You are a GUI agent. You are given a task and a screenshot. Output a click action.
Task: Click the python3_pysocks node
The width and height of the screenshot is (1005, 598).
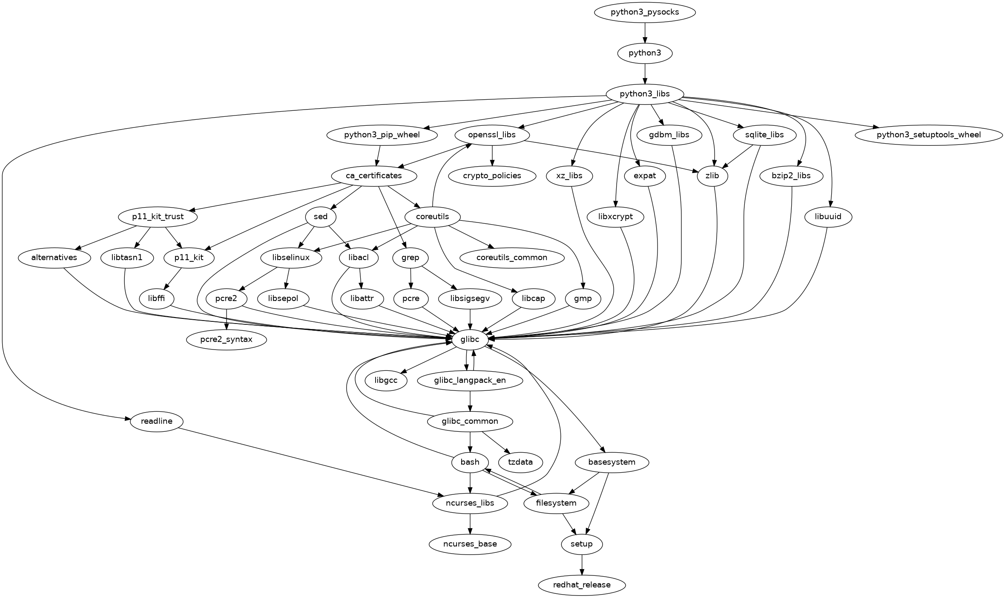coord(645,12)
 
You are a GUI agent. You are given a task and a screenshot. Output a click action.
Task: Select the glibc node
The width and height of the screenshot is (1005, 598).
coord(470,339)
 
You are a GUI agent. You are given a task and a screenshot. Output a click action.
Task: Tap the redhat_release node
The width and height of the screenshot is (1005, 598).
coord(582,585)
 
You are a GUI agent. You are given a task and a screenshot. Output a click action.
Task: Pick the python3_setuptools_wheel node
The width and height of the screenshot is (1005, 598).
coord(928,135)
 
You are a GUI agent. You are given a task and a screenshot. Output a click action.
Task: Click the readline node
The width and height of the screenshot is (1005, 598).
coord(156,421)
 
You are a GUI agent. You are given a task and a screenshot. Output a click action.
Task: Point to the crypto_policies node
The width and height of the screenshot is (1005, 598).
coord(492,176)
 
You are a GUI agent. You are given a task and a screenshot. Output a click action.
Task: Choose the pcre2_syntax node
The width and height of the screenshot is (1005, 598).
coord(227,339)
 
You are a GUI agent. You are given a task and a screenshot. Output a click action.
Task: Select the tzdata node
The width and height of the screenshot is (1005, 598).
coord(520,462)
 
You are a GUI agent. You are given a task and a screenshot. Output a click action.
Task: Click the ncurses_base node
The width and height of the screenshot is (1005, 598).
coord(470,544)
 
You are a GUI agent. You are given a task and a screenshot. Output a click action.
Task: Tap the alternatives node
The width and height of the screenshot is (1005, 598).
coord(54,257)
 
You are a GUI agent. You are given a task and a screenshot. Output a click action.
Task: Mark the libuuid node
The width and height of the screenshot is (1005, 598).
coord(828,217)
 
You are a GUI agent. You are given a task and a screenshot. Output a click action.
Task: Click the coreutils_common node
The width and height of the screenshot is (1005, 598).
coord(512,257)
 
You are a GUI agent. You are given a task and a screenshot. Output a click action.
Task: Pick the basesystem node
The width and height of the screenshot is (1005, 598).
coord(612,462)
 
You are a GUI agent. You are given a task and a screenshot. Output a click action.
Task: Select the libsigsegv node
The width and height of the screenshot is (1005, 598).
coord(470,298)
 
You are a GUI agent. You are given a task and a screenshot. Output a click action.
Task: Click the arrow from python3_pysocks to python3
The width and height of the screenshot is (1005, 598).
coord(645,32)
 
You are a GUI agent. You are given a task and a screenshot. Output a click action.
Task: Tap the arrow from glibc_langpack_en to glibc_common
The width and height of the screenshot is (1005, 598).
coord(470,401)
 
